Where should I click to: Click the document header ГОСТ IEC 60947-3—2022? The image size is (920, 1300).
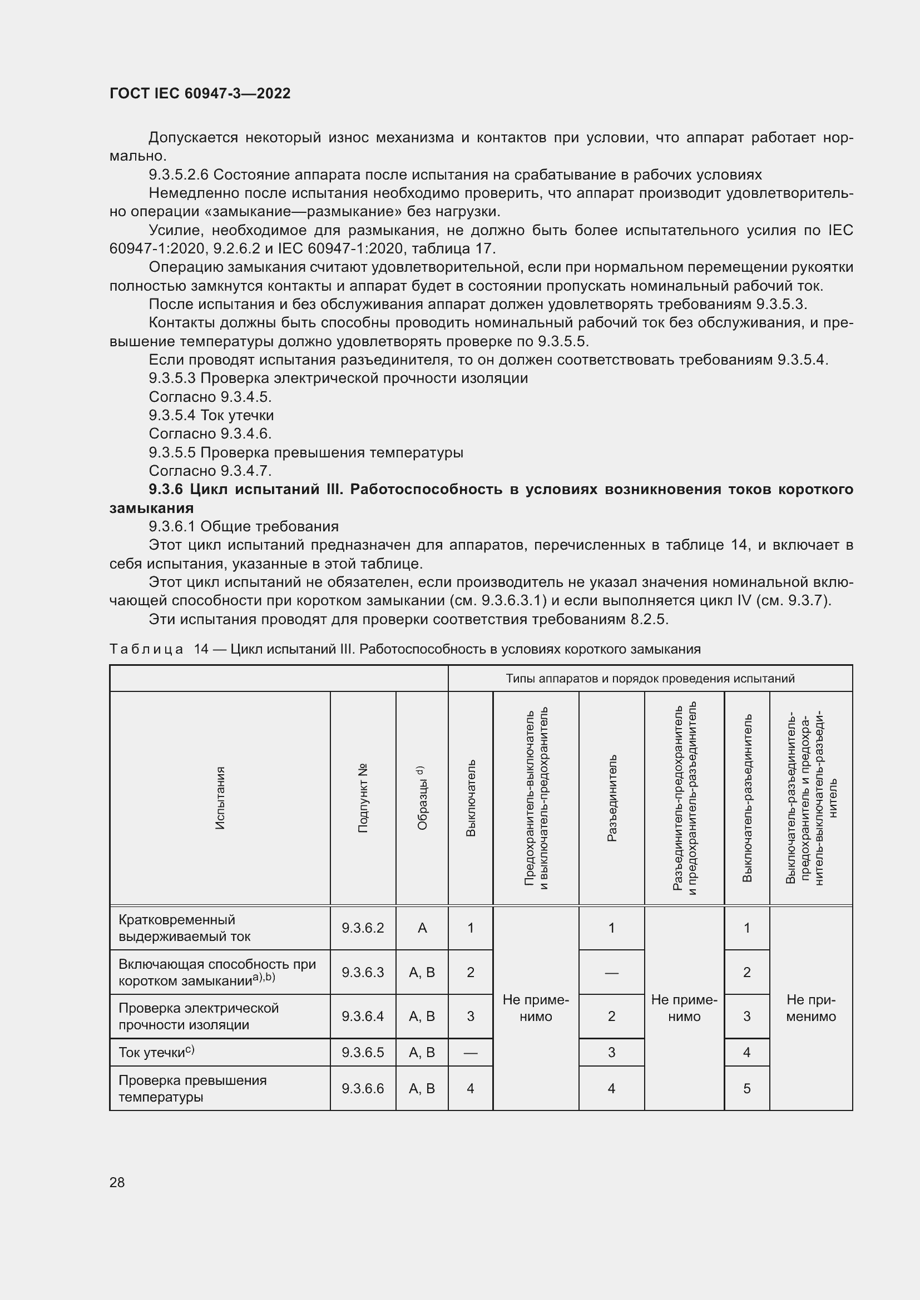(200, 93)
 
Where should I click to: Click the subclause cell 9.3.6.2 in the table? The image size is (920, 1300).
(363, 928)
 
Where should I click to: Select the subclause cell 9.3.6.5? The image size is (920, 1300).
(363, 1053)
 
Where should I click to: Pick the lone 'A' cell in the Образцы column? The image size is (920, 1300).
(422, 928)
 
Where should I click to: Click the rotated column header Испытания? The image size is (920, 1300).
(220, 798)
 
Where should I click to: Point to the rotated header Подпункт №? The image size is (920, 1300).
(363, 798)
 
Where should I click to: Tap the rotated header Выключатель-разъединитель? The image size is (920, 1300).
(746, 798)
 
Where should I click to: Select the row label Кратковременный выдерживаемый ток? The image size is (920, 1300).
(185, 928)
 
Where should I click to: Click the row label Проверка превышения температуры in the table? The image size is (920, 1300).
(192, 1089)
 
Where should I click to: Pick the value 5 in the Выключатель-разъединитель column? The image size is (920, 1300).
(746, 1089)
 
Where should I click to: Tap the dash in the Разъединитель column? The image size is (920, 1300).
(611, 973)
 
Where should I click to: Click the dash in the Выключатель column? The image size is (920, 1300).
(470, 1053)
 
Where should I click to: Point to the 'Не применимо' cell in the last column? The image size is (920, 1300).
(810, 1008)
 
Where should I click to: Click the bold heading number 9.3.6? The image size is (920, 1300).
(166, 489)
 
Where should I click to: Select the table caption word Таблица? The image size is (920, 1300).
(146, 649)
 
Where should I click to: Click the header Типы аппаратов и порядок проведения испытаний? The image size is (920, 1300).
(650, 678)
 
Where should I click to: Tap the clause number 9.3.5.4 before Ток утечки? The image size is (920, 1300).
(172, 416)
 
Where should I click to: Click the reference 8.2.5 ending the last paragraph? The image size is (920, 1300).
(649, 619)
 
